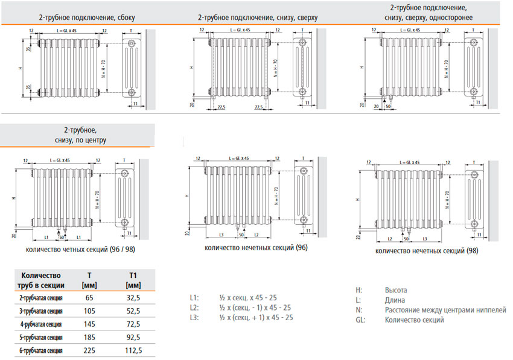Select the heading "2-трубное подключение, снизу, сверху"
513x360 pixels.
click(248, 17)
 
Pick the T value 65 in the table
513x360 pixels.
click(91, 297)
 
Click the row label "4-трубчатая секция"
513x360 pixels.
click(41, 324)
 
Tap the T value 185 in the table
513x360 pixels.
click(91, 337)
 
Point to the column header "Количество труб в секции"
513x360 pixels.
click(40, 280)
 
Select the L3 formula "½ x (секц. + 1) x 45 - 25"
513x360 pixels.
click(256, 317)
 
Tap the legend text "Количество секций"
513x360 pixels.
click(414, 320)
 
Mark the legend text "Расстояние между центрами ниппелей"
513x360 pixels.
click(445, 310)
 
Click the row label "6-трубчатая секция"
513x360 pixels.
click(41, 350)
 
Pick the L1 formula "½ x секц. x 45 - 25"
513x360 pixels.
click(247, 297)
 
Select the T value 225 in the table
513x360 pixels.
click(91, 350)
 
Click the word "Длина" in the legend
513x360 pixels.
click(395, 300)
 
